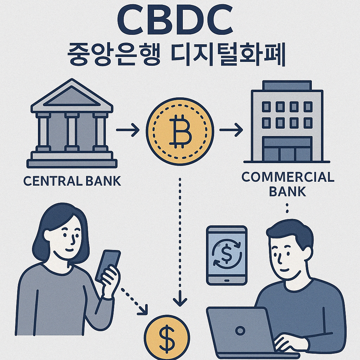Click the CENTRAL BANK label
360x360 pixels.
(x=72, y=181)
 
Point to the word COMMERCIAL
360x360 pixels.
(x=288, y=177)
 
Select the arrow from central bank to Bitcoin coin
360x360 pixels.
(x=127, y=131)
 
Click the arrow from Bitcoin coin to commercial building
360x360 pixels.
(x=231, y=131)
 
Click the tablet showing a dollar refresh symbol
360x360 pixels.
(x=227, y=255)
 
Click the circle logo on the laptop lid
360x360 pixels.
(x=240, y=330)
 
